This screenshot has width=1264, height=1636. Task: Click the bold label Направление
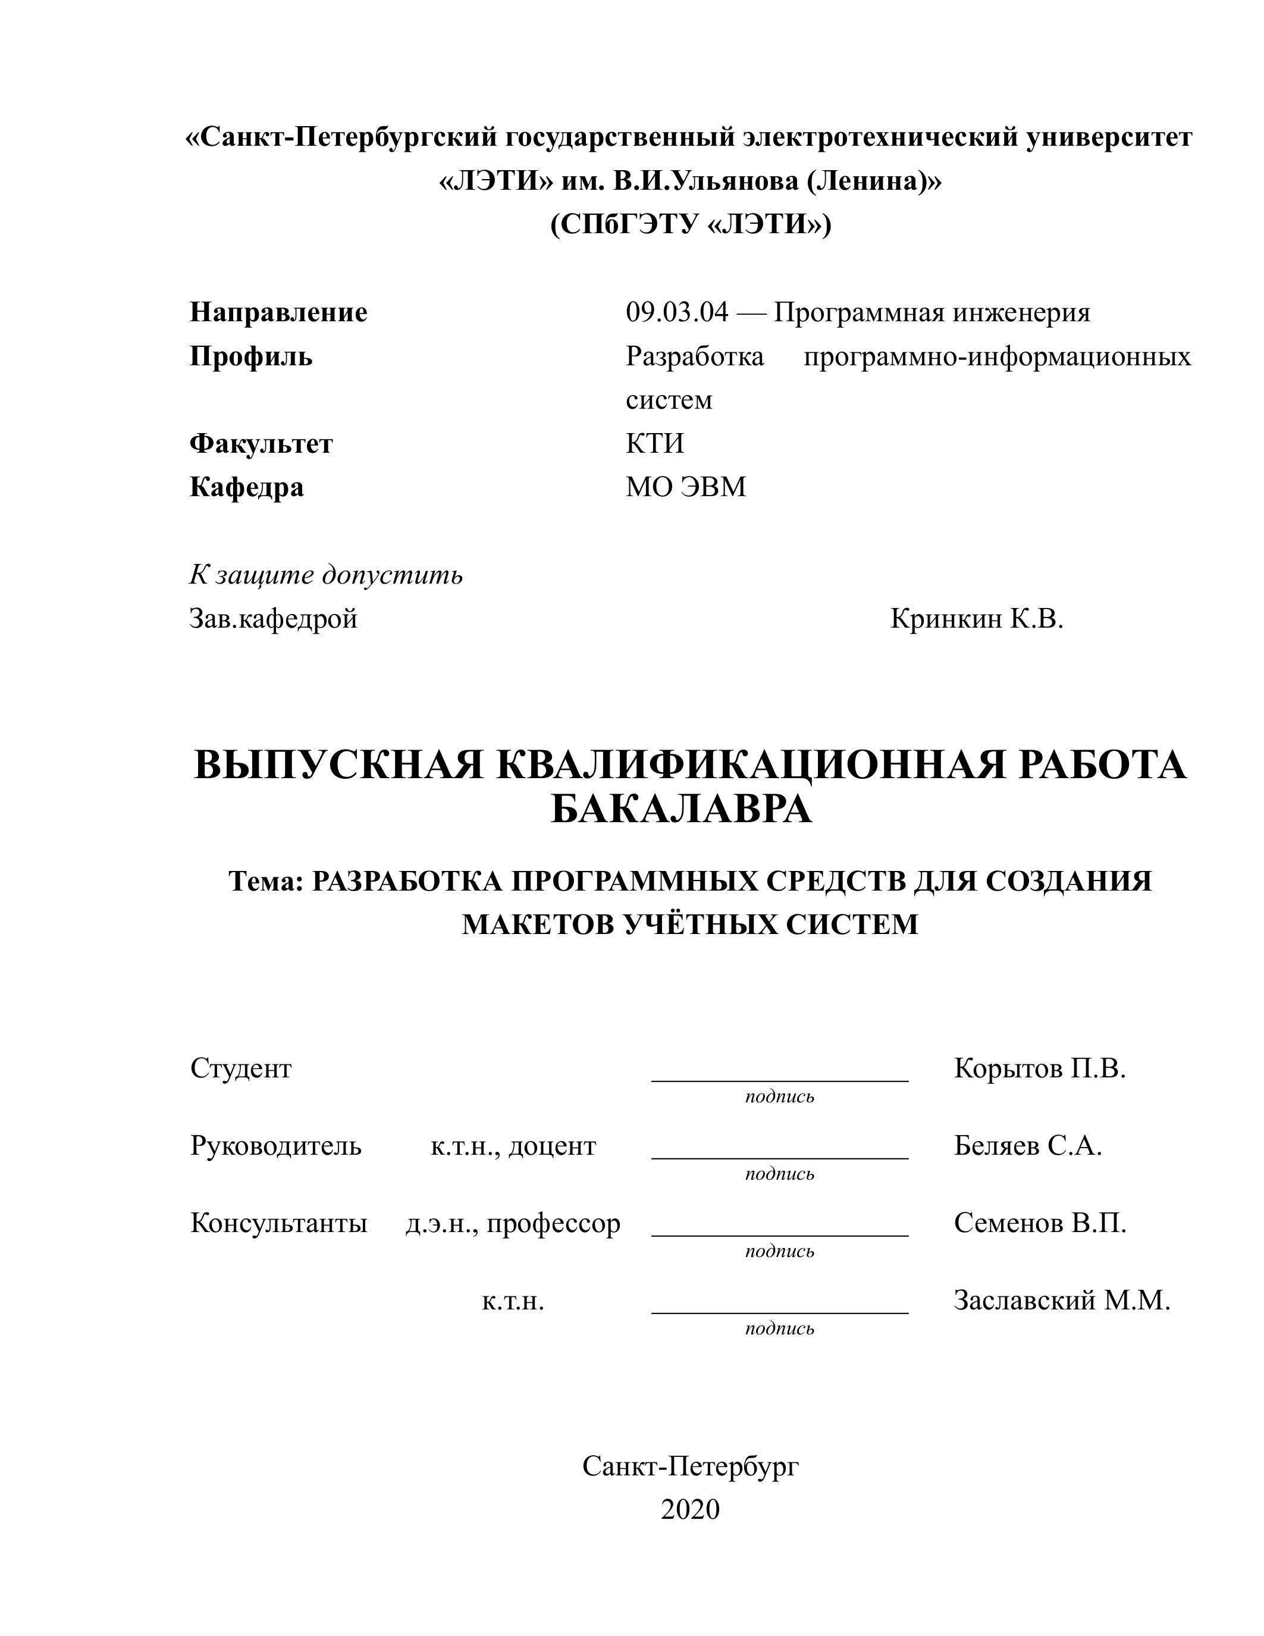point(278,312)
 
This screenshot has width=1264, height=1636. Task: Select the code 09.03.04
point(676,312)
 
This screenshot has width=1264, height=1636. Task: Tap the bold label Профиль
point(251,356)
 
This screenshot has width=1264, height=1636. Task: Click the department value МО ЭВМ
point(686,488)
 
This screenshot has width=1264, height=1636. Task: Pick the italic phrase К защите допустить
point(326,575)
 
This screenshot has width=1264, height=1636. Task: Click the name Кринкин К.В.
point(977,619)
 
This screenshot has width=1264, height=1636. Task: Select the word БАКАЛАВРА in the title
point(682,809)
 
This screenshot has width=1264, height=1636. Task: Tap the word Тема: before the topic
point(266,882)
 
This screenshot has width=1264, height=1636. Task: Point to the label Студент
point(240,1068)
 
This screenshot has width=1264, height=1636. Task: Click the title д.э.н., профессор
point(513,1223)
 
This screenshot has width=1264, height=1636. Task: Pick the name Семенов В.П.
point(1039,1223)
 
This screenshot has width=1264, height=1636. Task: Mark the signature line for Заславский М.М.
point(780,1312)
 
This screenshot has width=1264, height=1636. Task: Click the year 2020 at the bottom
point(689,1509)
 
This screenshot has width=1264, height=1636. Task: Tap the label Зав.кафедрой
point(273,619)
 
